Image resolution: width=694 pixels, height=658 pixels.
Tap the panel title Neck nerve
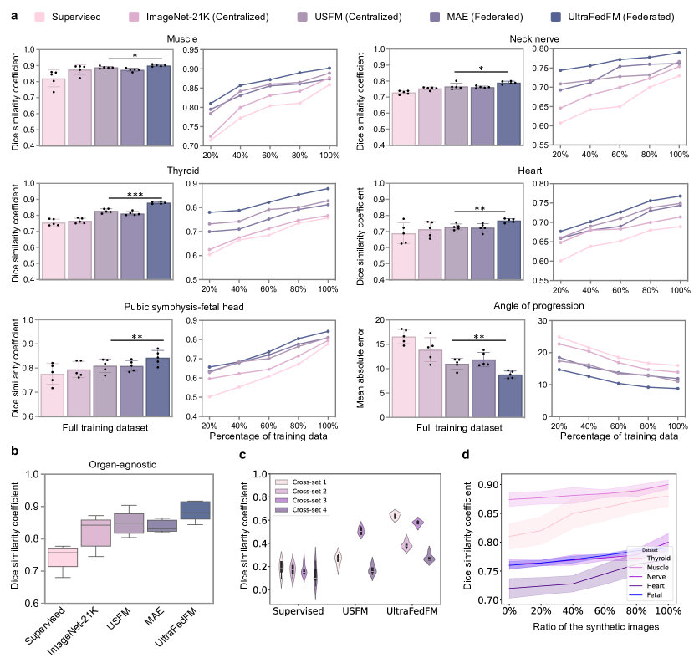click(533, 38)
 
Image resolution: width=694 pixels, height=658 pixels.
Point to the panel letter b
click(15, 451)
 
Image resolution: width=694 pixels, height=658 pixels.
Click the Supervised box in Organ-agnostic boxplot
click(63, 558)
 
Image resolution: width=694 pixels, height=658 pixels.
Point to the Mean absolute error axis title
click(359, 367)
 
